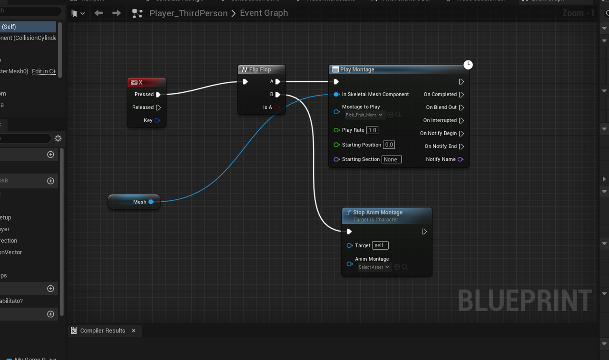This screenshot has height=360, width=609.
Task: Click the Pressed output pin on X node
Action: click(158, 95)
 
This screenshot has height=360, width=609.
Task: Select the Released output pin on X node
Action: click(158, 107)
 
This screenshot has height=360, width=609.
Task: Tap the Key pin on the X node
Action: click(157, 120)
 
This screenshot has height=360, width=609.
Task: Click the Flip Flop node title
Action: click(260, 69)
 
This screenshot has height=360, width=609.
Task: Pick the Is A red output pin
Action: click(277, 107)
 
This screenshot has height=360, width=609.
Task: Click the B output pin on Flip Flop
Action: click(278, 95)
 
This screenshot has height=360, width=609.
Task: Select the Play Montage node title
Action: click(357, 69)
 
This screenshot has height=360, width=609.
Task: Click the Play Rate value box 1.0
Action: click(372, 130)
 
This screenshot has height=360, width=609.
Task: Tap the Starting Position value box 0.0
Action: click(389, 145)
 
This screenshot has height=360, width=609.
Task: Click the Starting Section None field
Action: click(391, 159)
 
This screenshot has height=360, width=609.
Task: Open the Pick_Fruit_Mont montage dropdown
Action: click(364, 115)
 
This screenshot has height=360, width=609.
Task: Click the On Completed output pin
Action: click(461, 95)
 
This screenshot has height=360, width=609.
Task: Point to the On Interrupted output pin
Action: click(461, 121)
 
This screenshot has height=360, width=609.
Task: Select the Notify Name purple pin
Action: click(460, 159)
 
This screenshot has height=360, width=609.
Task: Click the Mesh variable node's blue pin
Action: click(151, 202)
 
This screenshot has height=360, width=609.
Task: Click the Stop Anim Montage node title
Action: click(378, 213)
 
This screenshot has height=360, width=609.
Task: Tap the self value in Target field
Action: click(380, 245)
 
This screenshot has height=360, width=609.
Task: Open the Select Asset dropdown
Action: click(374, 267)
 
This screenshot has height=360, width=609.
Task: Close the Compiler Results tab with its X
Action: click(134, 331)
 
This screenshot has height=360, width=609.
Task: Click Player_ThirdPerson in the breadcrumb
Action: click(188, 13)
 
